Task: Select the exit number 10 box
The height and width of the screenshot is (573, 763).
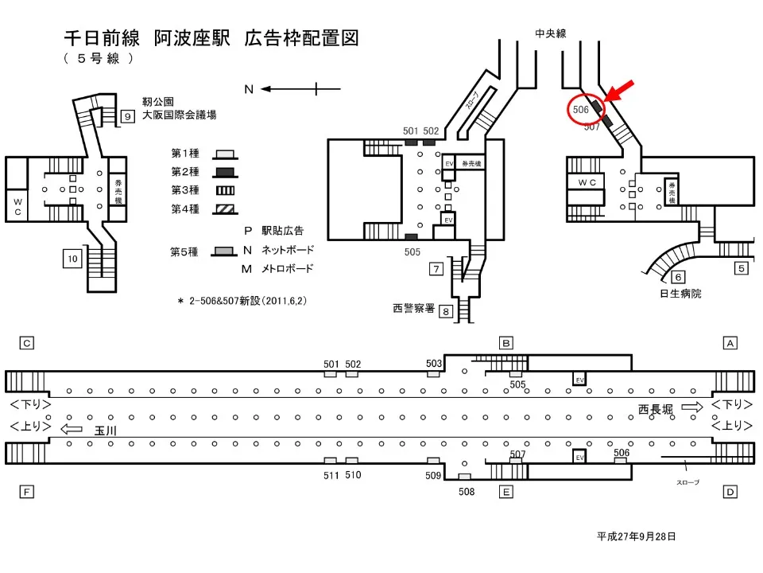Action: tap(72, 259)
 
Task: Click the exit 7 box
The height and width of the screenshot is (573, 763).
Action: tap(436, 268)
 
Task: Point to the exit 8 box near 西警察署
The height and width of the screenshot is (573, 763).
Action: tap(447, 310)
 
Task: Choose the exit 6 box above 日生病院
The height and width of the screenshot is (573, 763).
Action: tap(678, 277)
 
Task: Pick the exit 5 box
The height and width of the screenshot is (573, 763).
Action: tap(741, 268)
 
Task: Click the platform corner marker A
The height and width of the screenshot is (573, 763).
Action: tap(730, 343)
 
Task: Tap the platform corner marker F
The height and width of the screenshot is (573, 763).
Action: tap(27, 492)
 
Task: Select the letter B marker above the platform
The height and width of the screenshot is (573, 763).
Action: tap(505, 343)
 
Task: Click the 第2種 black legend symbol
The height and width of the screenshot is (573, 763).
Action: tap(226, 171)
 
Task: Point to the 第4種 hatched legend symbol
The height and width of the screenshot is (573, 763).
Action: tap(226, 209)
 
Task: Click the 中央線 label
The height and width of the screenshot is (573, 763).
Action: tap(549, 33)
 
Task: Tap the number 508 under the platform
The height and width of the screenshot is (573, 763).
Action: tap(466, 491)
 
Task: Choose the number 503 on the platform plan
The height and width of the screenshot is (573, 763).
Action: tap(433, 364)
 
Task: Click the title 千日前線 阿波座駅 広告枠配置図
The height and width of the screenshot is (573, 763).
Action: tap(211, 38)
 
